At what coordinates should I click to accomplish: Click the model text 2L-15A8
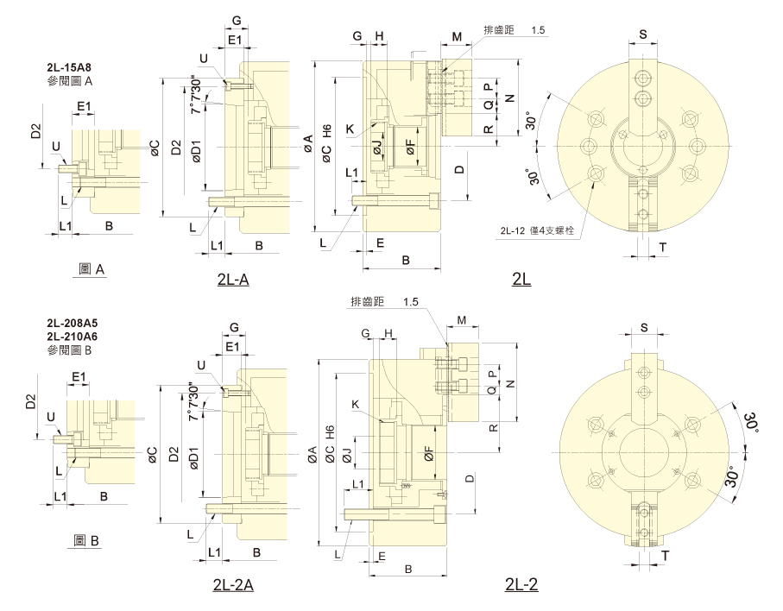point(69,67)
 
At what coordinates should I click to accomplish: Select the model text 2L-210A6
point(73,337)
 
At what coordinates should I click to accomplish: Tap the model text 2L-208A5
point(73,323)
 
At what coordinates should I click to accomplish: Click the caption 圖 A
point(92,269)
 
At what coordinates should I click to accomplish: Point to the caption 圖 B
point(85,540)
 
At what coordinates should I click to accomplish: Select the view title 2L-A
point(233,280)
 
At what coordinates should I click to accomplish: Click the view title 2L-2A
point(233,584)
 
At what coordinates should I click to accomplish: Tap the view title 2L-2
point(521,584)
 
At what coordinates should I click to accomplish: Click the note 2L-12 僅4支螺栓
point(537,230)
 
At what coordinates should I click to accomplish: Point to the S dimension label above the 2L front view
point(643,35)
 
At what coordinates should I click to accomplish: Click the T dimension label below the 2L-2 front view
point(665,556)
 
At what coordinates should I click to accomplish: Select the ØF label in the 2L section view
point(410,146)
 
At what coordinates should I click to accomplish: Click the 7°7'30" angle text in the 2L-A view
point(195,97)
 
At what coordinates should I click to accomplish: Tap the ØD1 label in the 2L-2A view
point(194,457)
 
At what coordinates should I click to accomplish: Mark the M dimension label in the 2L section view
point(457,37)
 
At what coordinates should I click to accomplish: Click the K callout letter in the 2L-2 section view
point(356,405)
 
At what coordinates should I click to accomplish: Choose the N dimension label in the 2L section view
point(509,98)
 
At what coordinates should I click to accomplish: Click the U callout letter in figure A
point(56,146)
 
